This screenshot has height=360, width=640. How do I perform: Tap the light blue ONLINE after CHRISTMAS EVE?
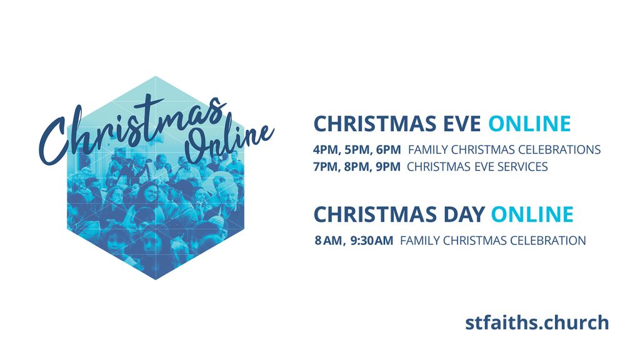[x=529, y=124]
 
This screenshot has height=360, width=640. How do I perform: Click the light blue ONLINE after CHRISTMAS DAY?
[x=532, y=214]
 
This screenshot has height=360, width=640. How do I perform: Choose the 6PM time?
[x=389, y=150]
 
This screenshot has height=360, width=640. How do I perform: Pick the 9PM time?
[x=387, y=167]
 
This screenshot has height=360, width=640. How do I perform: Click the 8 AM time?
[x=329, y=241]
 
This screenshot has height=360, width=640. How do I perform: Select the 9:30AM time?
[x=372, y=241]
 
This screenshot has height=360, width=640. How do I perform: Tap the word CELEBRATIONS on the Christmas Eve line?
[x=559, y=150]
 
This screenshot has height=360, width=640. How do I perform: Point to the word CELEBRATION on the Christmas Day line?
[x=548, y=241]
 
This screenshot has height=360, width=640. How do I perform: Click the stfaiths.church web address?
[x=537, y=322]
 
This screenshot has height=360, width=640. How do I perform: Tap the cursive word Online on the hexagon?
[x=229, y=138]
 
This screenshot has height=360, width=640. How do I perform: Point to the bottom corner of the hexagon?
[x=156, y=280]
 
